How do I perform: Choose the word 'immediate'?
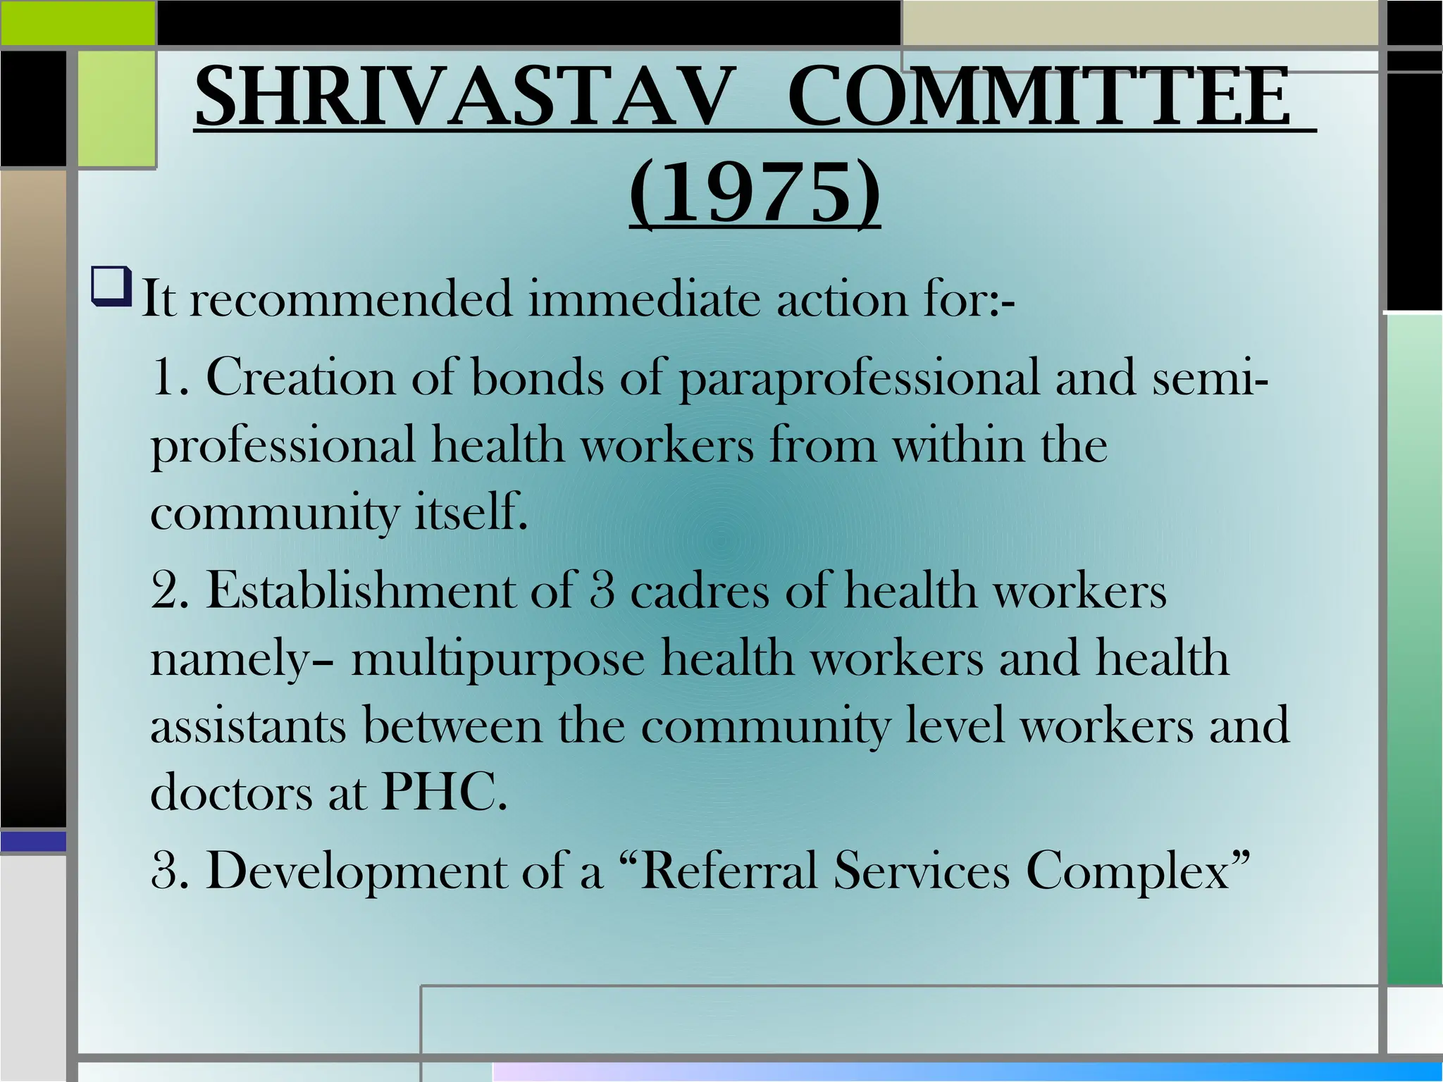pyautogui.click(x=644, y=299)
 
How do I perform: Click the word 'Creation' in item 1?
pyautogui.click(x=301, y=377)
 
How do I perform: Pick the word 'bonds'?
pyautogui.click(x=537, y=377)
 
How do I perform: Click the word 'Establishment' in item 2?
pyautogui.click(x=360, y=590)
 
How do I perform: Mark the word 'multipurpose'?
pyautogui.click(x=497, y=660)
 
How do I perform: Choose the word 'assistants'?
pyautogui.click(x=248, y=726)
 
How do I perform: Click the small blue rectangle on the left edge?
pyautogui.click(x=33, y=841)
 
